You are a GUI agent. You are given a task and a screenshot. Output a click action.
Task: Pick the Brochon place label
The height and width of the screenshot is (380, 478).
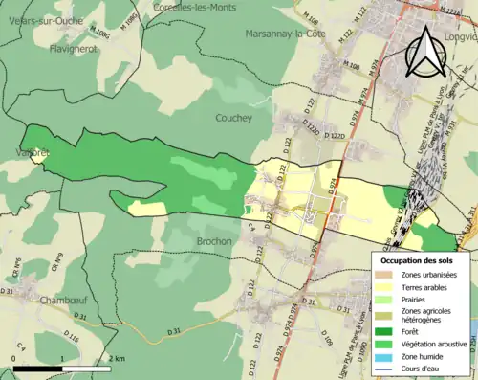click(x=214, y=241)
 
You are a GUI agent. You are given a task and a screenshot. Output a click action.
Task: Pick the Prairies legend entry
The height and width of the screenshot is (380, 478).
click(x=416, y=300)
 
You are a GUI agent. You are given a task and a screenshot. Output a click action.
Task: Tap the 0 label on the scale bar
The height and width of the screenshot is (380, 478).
click(x=14, y=358)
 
